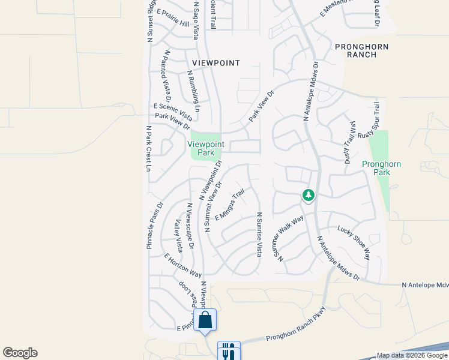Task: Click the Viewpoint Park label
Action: click(x=206, y=148)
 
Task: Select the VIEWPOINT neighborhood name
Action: click(x=216, y=63)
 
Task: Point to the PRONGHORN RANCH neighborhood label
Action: click(x=362, y=50)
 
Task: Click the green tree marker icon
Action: click(x=309, y=196)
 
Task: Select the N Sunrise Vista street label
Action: click(x=259, y=235)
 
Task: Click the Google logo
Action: click(x=20, y=353)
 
